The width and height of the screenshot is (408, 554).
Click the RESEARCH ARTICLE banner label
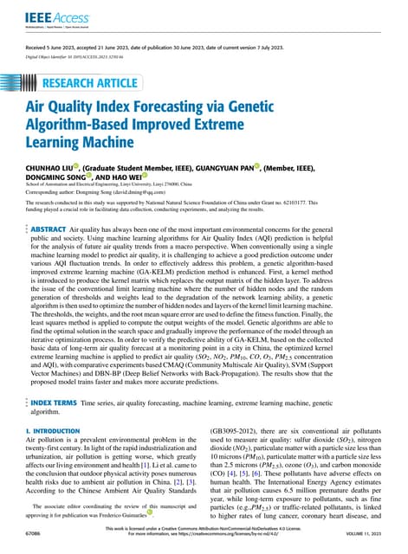click(89, 84)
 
